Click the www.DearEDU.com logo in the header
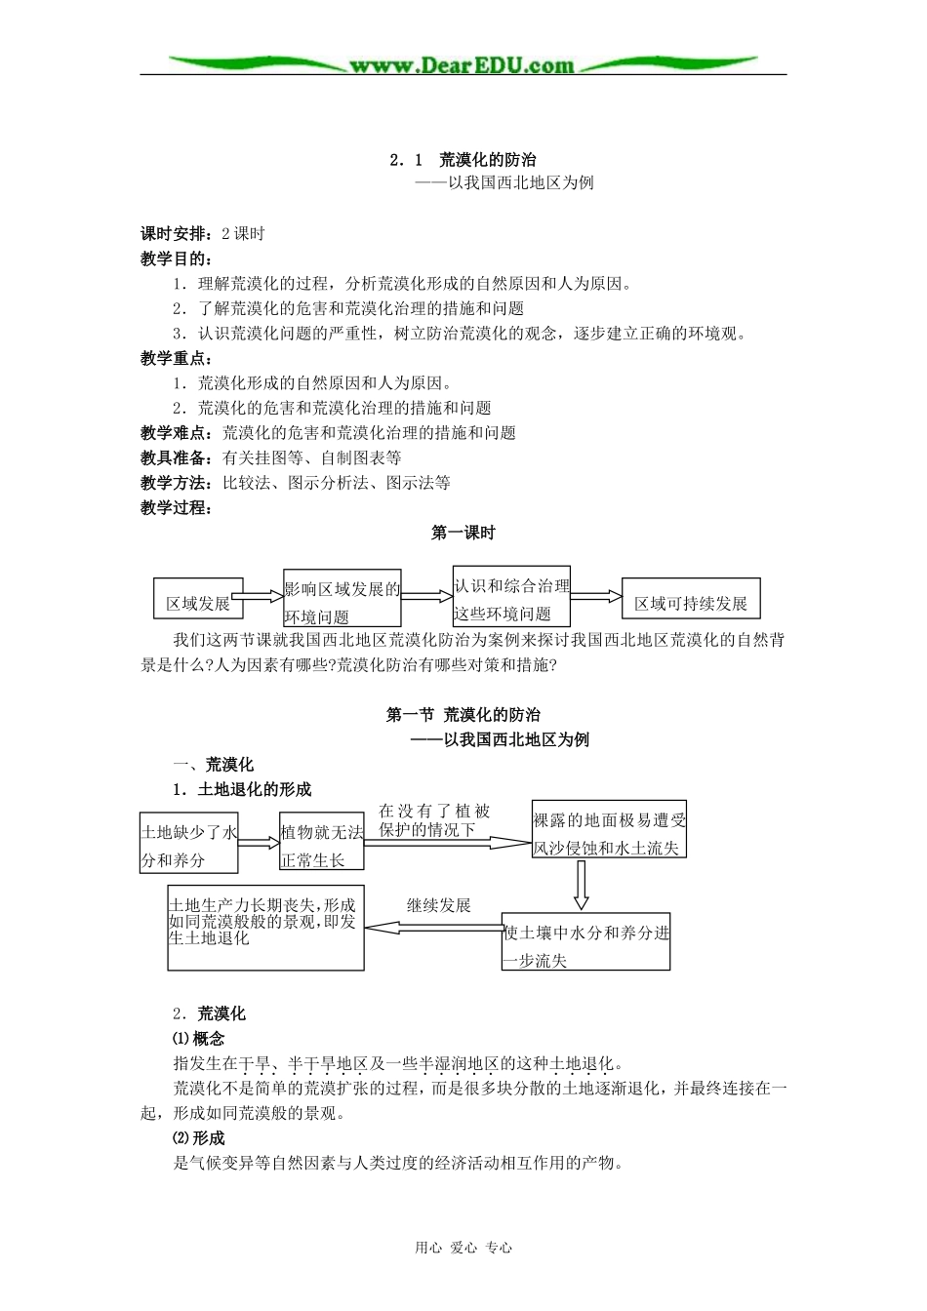tap(463, 65)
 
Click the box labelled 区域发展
tap(198, 599)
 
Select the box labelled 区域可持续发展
tap(690, 598)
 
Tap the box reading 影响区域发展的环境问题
tap(342, 598)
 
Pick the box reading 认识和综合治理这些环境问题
tap(511, 596)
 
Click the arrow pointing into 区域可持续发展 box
tap(595, 596)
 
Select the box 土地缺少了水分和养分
tap(189, 843)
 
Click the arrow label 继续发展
tap(438, 905)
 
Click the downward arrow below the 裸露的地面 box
tap(581, 884)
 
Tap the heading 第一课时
tap(463, 533)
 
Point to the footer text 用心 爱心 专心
tap(463, 1247)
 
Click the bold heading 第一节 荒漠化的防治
tap(463, 715)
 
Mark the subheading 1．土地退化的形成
tap(242, 789)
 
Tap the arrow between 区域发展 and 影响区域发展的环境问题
tap(258, 596)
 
